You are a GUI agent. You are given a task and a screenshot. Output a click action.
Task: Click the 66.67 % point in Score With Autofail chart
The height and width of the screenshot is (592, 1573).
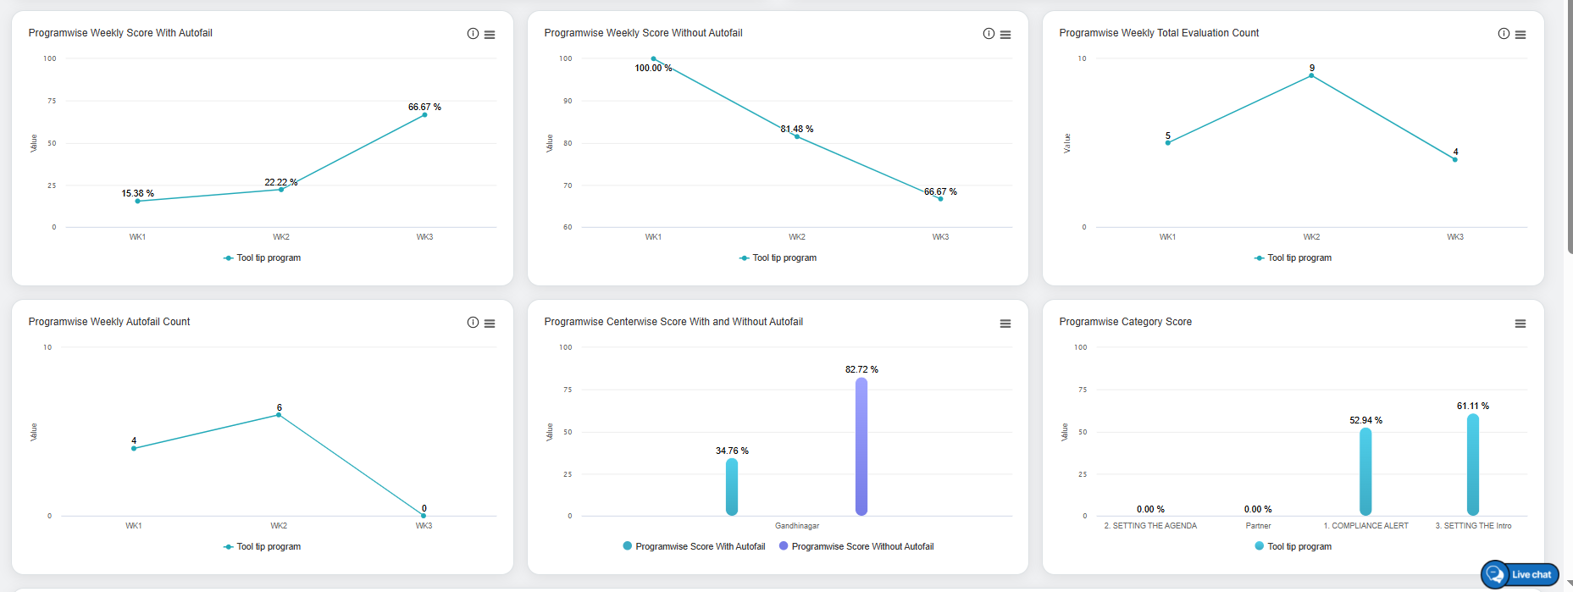point(424,115)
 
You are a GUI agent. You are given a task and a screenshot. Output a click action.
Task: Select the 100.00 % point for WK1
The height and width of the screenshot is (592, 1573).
point(653,59)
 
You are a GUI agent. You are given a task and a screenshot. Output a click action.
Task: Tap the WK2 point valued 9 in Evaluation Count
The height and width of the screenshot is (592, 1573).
point(1311,76)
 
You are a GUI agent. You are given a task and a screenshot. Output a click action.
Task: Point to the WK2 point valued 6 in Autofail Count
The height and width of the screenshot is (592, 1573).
point(279,415)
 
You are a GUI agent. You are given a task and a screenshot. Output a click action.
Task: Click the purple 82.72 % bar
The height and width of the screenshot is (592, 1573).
point(861,446)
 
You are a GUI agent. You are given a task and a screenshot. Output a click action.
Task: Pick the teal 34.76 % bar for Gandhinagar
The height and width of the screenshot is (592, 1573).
point(732,487)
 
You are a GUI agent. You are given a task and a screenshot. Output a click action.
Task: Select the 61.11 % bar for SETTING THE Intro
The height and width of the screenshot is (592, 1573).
point(1473,464)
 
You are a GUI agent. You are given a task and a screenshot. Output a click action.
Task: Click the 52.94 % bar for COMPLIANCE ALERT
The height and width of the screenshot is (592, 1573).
point(1365,472)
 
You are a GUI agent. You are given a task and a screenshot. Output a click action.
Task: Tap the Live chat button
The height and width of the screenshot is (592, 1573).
point(1520,574)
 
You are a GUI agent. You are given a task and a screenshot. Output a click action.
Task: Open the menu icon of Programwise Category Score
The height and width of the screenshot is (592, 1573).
point(1520,324)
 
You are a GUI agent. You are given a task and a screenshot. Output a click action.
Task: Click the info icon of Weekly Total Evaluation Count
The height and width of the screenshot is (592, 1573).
point(1504,34)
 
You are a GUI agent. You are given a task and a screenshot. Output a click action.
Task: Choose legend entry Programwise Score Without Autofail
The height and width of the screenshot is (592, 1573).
point(861,547)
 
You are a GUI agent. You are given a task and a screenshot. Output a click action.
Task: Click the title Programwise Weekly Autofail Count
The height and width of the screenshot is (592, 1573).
point(109,322)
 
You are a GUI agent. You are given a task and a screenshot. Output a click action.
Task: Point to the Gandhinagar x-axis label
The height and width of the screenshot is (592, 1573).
point(797,526)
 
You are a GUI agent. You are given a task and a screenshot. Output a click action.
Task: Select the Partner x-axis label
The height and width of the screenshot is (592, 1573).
point(1258,526)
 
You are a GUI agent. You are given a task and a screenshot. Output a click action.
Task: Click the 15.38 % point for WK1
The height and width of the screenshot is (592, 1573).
point(137,201)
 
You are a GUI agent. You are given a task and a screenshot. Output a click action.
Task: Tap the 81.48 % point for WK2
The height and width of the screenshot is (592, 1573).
point(797,136)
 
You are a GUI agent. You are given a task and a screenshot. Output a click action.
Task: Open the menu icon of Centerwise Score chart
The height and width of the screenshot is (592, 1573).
point(1005,324)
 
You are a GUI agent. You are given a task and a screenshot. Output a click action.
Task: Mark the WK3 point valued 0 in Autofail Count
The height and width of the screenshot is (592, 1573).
point(424,515)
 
